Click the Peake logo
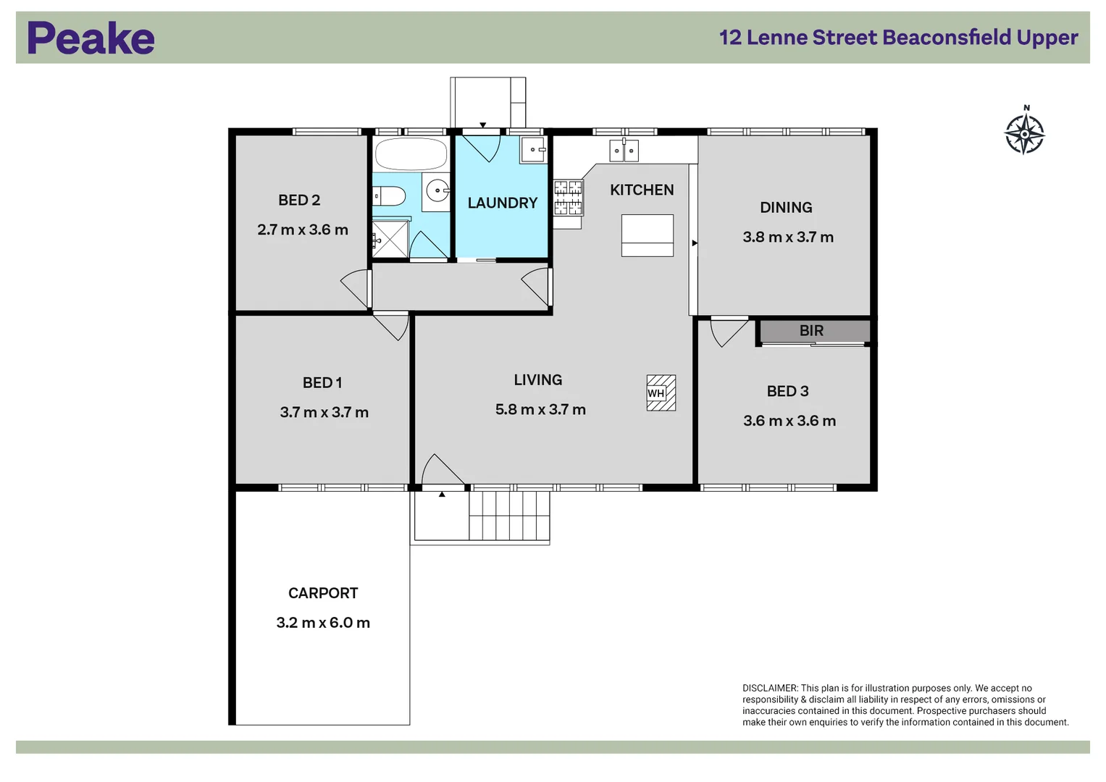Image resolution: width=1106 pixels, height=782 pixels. tap(91, 38)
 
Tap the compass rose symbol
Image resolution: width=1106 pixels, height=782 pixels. tap(1024, 133)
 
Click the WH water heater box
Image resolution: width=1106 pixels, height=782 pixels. tap(661, 393)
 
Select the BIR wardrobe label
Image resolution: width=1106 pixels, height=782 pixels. tap(811, 331)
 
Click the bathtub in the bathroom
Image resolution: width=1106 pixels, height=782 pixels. tap(411, 154)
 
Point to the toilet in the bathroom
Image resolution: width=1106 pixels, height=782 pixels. tap(388, 195)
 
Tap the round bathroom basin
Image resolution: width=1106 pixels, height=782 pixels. tap(437, 191)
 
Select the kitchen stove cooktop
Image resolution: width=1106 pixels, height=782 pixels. tap(568, 198)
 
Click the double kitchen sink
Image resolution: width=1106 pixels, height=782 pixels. tap(624, 151)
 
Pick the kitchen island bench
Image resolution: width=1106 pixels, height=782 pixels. tap(648, 235)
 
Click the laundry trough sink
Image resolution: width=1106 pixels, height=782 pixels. tap(533, 150)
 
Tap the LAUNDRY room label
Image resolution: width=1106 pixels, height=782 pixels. tap(502, 203)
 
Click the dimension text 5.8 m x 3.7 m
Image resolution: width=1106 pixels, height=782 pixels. tap(540, 410)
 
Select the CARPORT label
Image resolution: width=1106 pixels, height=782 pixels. tap(323, 593)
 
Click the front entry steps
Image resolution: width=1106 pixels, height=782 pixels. tap(509, 515)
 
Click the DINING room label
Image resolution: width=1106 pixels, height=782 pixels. tap(786, 208)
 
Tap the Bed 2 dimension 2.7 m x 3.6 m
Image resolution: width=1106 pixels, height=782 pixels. tap(303, 230)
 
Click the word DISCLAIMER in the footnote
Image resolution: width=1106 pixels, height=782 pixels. tap(769, 689)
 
